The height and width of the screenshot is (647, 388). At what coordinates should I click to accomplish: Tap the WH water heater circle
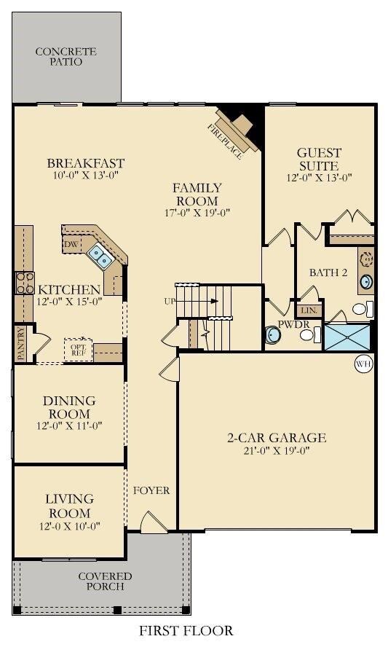click(363, 363)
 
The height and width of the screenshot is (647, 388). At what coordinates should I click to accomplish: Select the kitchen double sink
click(100, 255)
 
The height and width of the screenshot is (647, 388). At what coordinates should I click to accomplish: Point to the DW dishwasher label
click(71, 243)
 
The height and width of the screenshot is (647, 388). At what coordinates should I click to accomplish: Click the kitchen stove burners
click(24, 281)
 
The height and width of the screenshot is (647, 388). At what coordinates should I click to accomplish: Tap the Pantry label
click(20, 344)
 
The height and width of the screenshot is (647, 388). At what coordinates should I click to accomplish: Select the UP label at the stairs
click(170, 300)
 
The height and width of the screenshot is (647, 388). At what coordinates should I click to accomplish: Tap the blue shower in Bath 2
click(347, 337)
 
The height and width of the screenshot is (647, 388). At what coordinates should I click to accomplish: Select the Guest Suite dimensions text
click(319, 177)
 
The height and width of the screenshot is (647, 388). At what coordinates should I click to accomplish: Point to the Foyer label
click(151, 490)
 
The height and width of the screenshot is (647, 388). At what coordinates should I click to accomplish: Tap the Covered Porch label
click(106, 581)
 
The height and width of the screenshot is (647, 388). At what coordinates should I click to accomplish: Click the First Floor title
click(187, 630)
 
